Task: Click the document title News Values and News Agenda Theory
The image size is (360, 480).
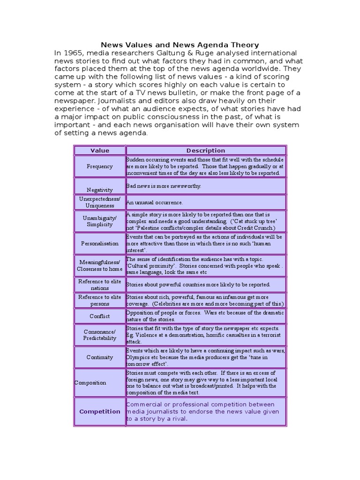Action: coord(180,45)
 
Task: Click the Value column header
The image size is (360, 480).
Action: coord(99,150)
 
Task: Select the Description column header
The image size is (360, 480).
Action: coord(205,150)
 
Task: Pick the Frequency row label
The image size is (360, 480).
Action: coord(99,166)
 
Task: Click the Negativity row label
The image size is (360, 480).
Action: coord(99,190)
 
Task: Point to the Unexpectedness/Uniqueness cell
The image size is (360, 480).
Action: coord(99,202)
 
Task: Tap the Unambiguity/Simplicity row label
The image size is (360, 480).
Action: coord(99,221)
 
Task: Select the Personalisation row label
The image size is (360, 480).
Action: coord(99,243)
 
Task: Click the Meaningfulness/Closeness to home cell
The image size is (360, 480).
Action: coord(99,265)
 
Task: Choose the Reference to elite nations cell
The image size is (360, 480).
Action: coord(99,285)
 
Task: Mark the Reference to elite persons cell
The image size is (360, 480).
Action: coord(99,300)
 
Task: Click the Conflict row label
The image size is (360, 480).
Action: coord(99,316)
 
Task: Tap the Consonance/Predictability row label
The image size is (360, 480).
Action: coord(99,335)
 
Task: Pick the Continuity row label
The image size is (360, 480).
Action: coord(99,357)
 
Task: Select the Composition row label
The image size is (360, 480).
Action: coord(90,382)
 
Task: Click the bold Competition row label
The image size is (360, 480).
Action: coord(99,412)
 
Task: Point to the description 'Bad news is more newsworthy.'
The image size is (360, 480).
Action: coord(163,186)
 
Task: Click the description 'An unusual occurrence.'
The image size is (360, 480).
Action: coord(154,202)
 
